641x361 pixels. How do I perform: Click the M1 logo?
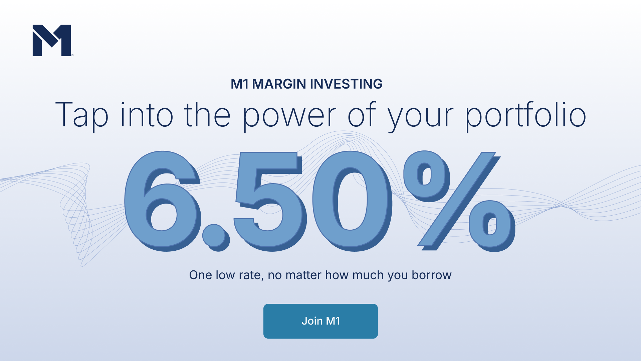coord(52,40)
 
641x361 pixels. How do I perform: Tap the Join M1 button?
coord(320,321)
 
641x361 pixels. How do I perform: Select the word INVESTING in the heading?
coord(346,84)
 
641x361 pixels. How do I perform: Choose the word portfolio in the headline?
coord(526,115)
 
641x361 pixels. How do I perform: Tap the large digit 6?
coord(163,201)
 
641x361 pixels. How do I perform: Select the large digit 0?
coord(353,201)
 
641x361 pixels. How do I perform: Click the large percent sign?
coord(459,201)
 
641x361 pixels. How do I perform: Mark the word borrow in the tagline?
coord(432,275)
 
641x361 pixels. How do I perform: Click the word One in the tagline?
coord(201,275)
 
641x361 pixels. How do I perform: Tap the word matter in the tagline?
coord(303,275)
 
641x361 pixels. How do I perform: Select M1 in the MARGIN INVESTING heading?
coord(240,84)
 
